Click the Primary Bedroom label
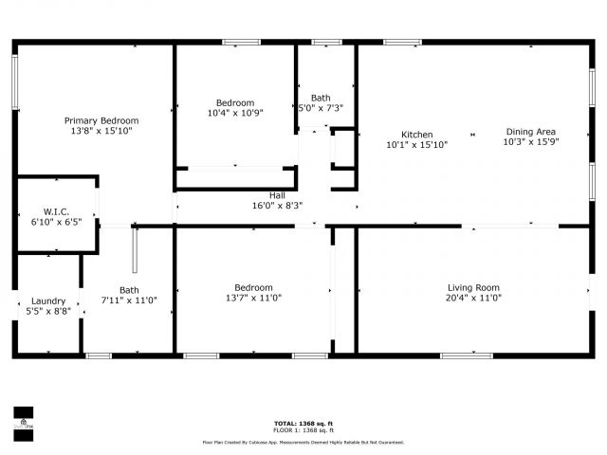tap(101, 120)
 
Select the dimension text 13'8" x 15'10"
tap(101, 132)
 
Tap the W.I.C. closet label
tap(56, 211)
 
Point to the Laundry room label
tap(48, 300)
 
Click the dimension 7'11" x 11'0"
tap(129, 300)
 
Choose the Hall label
tap(277, 195)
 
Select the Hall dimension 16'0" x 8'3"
tap(277, 206)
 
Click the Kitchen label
tap(416, 134)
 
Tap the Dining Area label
tap(530, 132)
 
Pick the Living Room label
tap(473, 287)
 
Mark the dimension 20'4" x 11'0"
tap(473, 298)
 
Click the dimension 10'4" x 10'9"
tap(234, 113)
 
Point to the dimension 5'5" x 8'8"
tap(48, 311)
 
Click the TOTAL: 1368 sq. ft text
tap(303, 424)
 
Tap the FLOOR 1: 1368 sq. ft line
tap(303, 430)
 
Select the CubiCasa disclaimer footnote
tap(303, 442)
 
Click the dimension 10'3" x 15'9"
tap(530, 143)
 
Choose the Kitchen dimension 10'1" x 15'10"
tap(416, 145)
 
